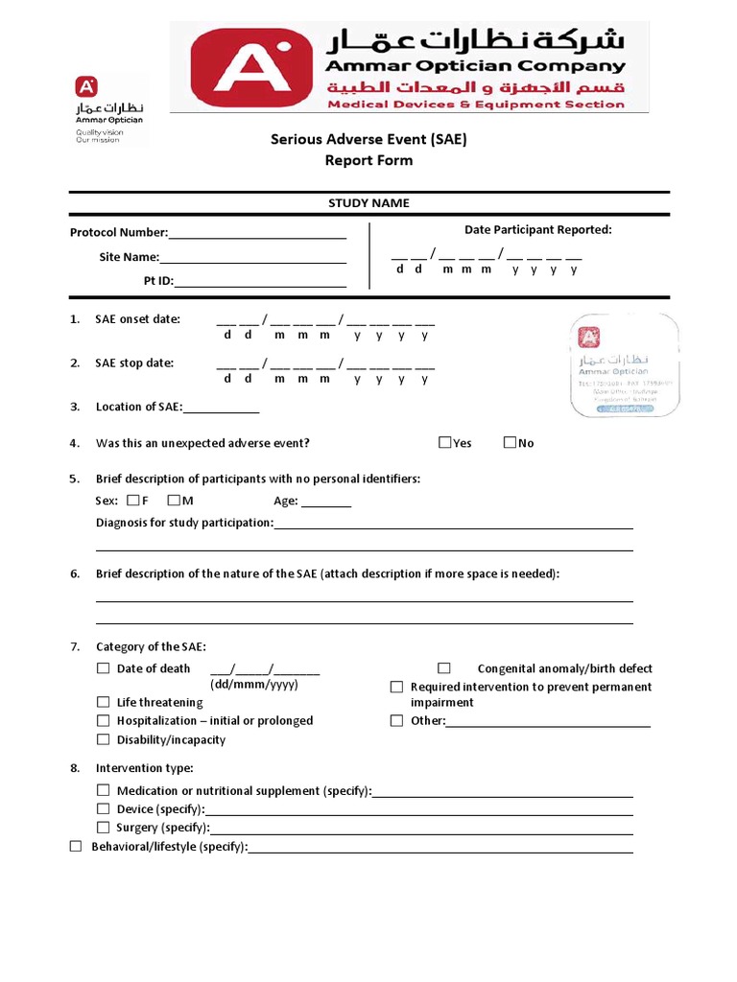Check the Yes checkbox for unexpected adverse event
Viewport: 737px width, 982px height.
[444, 442]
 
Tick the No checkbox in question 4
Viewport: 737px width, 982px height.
[510, 442]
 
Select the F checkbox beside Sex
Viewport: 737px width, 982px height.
[132, 500]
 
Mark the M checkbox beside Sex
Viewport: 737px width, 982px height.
[173, 500]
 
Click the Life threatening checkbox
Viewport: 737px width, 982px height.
[103, 702]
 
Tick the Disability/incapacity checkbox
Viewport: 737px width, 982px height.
[103, 739]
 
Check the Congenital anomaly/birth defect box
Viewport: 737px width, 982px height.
[444, 667]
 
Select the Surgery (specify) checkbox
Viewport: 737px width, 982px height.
[103, 827]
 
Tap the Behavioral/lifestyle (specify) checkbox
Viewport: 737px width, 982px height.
[76, 846]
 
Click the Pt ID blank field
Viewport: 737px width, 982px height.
[259, 281]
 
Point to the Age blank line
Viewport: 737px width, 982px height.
[326, 501]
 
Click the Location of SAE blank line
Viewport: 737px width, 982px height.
[221, 408]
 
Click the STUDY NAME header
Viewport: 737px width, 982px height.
[368, 203]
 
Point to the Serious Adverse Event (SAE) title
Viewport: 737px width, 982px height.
[368, 140]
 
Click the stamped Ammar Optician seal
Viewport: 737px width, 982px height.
[625, 365]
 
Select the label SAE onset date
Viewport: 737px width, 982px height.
[137, 319]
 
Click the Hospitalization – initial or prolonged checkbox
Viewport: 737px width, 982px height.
[103, 720]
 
